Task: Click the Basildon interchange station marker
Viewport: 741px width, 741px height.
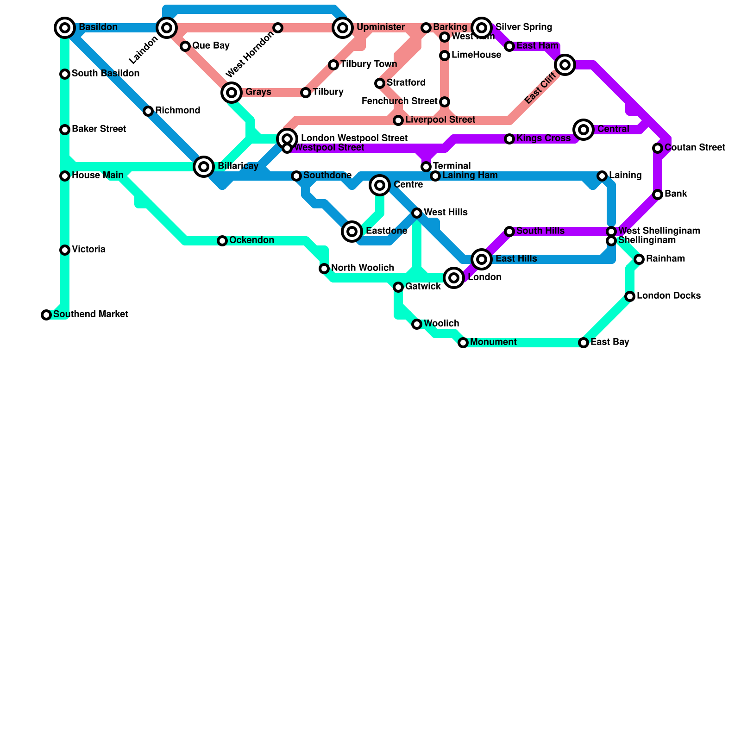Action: [x=65, y=28]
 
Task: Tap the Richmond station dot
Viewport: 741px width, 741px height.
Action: [x=148, y=111]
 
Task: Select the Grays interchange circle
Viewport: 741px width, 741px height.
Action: [x=232, y=93]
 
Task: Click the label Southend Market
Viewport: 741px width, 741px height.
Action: [x=90, y=314]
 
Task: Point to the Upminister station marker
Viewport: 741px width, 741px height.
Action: [x=343, y=28]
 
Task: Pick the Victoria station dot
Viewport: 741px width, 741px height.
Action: [x=65, y=250]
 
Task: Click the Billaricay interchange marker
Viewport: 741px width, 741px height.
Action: [x=204, y=167]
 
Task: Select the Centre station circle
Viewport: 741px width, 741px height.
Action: [x=380, y=185]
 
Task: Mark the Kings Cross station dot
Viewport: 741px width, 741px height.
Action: [x=509, y=139]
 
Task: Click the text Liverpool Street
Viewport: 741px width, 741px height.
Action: [x=440, y=120]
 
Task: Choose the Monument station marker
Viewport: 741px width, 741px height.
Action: [x=463, y=343]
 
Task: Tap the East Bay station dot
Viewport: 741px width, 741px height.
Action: [x=584, y=343]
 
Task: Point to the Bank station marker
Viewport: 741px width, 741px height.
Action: [x=658, y=195]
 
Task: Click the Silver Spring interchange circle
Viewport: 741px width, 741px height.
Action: [x=482, y=28]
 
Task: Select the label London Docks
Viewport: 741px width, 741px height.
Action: [x=668, y=296]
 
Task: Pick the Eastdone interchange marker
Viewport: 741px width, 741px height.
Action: [x=352, y=232]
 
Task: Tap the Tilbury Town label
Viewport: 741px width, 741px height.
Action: [x=369, y=64]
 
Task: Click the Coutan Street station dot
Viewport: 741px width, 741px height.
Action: [x=658, y=148]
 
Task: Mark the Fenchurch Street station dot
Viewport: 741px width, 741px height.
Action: [x=445, y=102]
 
